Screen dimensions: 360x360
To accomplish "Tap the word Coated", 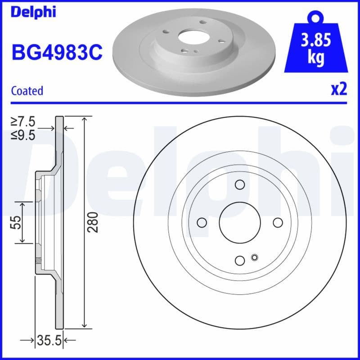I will (x=27, y=91).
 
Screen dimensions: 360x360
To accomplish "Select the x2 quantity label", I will (x=339, y=90).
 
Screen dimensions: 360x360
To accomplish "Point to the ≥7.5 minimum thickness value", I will (x=23, y=121).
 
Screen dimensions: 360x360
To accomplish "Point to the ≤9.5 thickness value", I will (x=23, y=135).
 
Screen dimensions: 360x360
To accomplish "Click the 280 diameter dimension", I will (x=92, y=222).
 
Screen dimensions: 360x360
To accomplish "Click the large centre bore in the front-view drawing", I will (x=240, y=222).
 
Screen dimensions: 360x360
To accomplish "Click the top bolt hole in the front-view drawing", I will (x=240, y=184).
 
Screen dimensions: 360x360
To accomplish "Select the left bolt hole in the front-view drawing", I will (x=202, y=222).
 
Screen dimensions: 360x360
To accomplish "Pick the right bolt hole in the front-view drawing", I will (x=278, y=222).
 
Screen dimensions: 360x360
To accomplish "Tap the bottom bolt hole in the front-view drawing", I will (x=240, y=260).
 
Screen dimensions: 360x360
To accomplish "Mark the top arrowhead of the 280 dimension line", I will (x=84, y=119).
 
